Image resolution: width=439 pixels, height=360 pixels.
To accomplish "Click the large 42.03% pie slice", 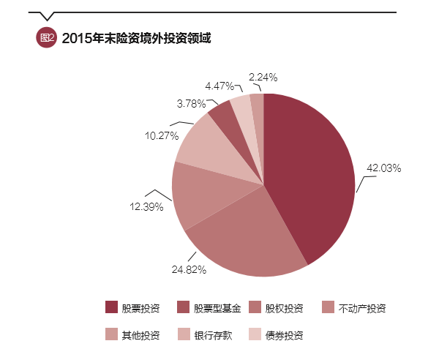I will pos(311,176).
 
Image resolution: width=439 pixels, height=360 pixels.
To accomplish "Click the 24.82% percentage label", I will pos(189,269).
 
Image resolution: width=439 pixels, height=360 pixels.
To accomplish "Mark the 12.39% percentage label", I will pos(146,207).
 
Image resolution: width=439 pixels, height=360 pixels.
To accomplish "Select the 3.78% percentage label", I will pos(191,103).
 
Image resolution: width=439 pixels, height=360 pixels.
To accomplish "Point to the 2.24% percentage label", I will pos(263,77).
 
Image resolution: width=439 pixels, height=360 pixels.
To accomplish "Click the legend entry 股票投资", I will pos(132,308).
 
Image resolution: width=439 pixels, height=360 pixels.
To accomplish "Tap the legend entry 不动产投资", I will pos(353,308).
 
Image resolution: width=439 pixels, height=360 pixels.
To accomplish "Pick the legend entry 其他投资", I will pos(132,335).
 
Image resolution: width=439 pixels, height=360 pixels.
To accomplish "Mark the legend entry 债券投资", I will pos(276,335).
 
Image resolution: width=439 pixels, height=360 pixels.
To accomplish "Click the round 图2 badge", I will pos(46,37).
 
